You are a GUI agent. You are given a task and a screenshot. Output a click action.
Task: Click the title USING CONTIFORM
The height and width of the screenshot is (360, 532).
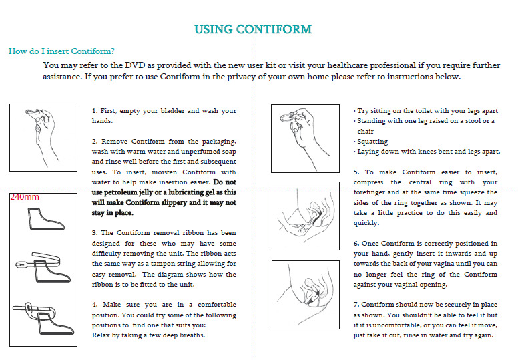click(x=253, y=29)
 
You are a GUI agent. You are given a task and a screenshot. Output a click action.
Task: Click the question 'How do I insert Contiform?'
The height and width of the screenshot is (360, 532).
click(x=61, y=51)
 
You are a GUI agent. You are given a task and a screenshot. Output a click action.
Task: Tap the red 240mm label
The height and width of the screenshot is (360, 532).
click(x=25, y=197)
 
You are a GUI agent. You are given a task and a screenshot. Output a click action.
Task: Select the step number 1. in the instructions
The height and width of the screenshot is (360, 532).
click(x=95, y=111)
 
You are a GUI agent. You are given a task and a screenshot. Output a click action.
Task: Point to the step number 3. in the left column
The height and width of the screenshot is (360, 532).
click(x=95, y=233)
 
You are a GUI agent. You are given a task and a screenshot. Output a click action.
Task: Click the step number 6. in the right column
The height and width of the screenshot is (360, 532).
click(x=356, y=244)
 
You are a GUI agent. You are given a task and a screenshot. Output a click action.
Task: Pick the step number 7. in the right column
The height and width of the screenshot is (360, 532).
click(x=356, y=305)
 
